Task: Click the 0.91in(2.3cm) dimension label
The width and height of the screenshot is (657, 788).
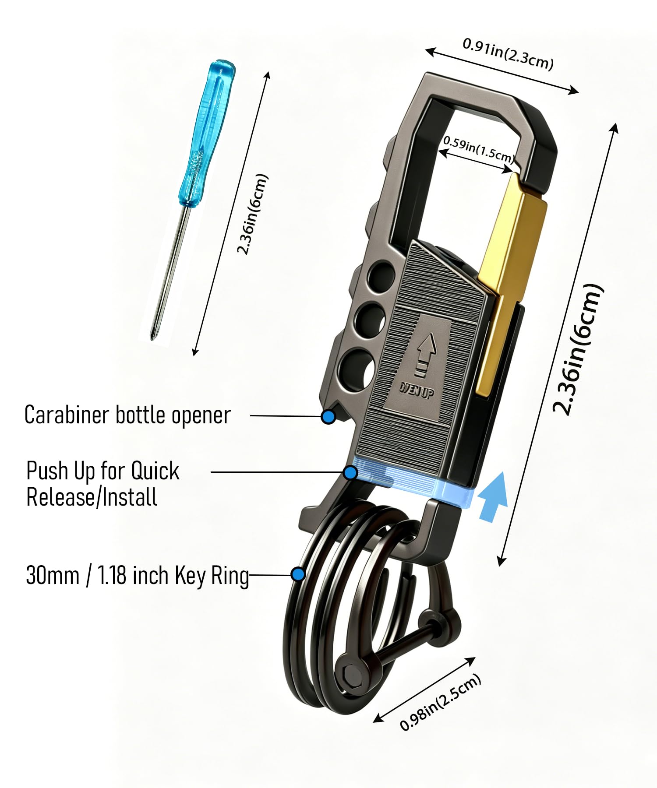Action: point(508,53)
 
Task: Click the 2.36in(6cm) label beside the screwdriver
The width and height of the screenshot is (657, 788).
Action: point(252,214)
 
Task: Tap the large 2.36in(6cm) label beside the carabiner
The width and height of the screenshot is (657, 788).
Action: point(578,349)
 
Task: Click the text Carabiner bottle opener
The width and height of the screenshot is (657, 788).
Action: point(127,415)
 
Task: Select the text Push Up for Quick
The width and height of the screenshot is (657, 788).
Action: point(103,471)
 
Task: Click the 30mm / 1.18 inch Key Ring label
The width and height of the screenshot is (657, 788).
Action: point(138,575)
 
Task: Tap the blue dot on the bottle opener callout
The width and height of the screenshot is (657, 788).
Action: point(328,417)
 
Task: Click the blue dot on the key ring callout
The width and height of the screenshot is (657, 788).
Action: point(298,574)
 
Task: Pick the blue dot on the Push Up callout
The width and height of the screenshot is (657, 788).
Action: point(350,473)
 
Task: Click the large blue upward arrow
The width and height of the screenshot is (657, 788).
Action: point(493,496)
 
